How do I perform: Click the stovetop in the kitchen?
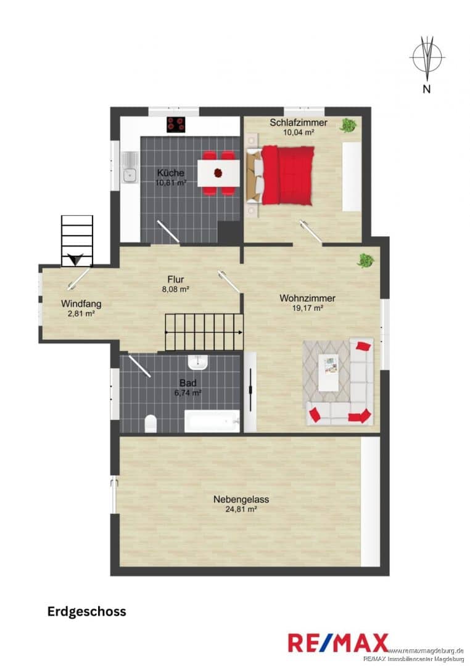176,125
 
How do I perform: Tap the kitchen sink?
129,167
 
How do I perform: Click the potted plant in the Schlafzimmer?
348,125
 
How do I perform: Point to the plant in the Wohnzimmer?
366,260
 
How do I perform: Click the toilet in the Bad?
150,424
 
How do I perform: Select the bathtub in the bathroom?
212,421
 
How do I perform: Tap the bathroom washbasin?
197,362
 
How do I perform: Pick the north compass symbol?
427,57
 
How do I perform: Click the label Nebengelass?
241,499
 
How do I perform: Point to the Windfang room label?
81,303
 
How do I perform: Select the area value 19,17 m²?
307,308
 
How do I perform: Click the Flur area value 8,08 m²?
176,289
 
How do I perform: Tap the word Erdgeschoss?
87,611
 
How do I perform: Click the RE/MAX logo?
338,643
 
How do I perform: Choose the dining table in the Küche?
218,173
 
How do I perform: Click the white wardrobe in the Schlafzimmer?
352,177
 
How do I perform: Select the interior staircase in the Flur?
204,332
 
